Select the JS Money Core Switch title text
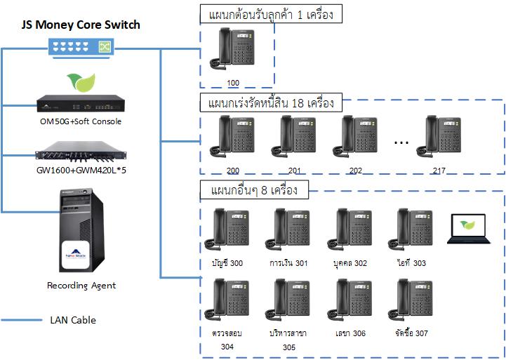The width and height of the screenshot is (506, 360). click(81, 25)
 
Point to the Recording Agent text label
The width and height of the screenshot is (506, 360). click(81, 286)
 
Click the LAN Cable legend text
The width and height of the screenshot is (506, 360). click(73, 320)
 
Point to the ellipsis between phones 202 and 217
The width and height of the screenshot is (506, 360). click(401, 142)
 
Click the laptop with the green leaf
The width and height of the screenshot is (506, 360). click(468, 229)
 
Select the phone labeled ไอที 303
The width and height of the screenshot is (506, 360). click(411, 229)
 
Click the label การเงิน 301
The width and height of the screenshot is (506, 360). click(288, 263)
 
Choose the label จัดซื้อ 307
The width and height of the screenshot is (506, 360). click(411, 333)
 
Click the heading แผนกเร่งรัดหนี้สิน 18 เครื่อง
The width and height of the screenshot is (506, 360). click(266, 104)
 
